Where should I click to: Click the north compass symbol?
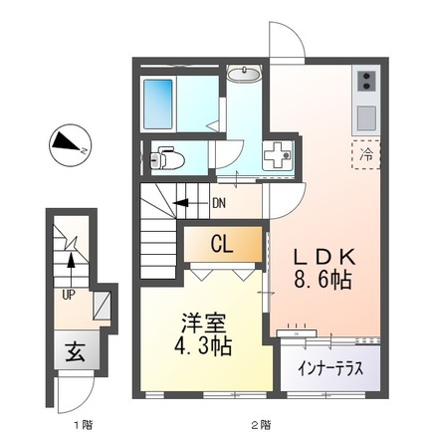click(x=71, y=145)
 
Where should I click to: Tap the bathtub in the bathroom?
click(x=158, y=104)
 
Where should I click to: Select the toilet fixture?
click(x=167, y=159)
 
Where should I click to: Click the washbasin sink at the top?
click(x=245, y=74)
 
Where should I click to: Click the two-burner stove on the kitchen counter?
click(x=366, y=82)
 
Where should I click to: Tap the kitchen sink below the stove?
click(x=366, y=117)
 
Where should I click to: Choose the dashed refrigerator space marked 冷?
click(x=366, y=154)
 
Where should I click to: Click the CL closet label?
click(x=222, y=246)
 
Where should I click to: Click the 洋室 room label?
click(x=204, y=324)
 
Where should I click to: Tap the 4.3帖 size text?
click(x=203, y=346)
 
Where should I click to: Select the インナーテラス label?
click(x=330, y=369)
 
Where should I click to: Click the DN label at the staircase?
click(x=219, y=203)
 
